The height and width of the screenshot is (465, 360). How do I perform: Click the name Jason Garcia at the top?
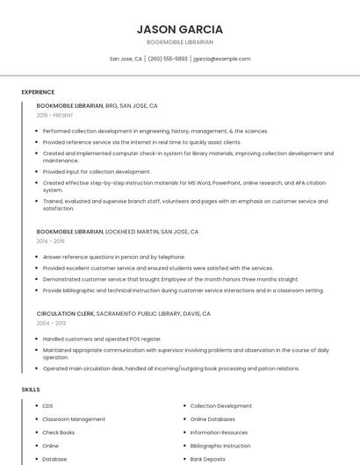[x=180, y=29]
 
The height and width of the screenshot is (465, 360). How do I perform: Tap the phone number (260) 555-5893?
[x=168, y=59]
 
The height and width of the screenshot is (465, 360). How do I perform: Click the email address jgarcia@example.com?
[x=221, y=59]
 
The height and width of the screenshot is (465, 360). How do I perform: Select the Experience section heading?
[x=38, y=92]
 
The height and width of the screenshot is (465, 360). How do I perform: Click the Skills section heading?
[x=30, y=389]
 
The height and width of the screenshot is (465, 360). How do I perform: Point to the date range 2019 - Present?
[x=55, y=115]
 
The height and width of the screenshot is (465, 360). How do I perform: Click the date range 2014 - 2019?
[x=50, y=240]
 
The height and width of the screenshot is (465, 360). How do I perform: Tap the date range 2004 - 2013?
[x=50, y=323]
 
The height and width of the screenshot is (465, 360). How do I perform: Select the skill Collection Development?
[x=220, y=406]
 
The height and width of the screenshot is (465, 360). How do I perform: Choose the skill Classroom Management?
[x=74, y=419]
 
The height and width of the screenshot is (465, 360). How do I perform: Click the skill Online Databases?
[x=212, y=419]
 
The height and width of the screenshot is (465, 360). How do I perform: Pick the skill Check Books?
[x=59, y=433]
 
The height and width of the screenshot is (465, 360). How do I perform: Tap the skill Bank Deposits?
[x=208, y=459]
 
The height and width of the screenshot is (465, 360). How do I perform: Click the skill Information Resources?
[x=219, y=433]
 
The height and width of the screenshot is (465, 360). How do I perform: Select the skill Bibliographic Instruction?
[x=220, y=446]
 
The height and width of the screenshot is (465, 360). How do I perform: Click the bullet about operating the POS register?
[x=102, y=339]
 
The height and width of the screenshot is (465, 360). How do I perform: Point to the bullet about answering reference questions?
[x=114, y=257]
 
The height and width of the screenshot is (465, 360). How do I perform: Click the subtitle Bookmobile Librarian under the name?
[x=180, y=42]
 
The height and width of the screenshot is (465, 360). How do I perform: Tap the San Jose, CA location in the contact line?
[x=126, y=59]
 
